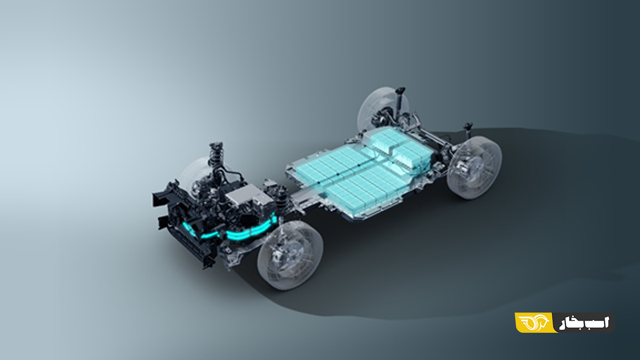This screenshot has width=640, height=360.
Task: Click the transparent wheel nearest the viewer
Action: point(290,255)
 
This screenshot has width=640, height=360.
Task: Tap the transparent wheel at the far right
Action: point(474,167)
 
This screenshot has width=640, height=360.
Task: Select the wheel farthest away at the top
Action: point(383,109)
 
